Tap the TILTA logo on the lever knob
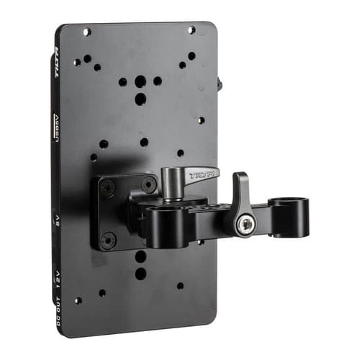[203, 174]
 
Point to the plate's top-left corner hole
[86, 32]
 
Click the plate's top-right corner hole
[192, 30]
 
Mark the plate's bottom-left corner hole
[77, 300]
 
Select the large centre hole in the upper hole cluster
[140, 98]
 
